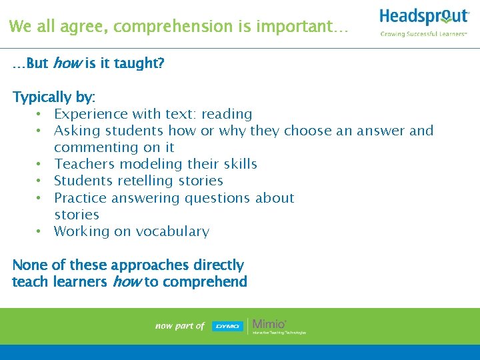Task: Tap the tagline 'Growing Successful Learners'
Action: click(423, 33)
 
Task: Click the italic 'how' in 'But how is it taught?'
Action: click(67, 63)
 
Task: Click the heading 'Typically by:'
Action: click(54, 97)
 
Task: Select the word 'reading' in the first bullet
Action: click(227, 114)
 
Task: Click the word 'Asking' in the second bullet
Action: click(75, 131)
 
